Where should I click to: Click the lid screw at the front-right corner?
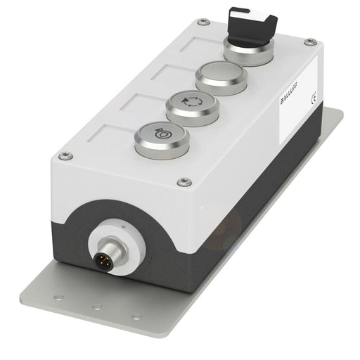(x=186, y=181)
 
